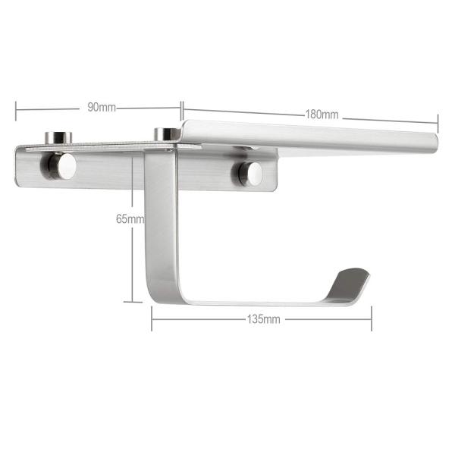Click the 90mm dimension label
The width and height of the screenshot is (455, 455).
click(101, 107)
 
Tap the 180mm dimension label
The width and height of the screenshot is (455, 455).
click(322, 115)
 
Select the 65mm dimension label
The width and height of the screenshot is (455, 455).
click(129, 219)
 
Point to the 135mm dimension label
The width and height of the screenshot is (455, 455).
click(263, 319)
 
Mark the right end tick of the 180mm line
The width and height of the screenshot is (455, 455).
click(438, 122)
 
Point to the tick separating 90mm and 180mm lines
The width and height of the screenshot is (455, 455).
click(182, 107)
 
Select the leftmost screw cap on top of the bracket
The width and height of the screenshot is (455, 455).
click(57, 137)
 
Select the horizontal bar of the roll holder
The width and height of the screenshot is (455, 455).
click(258, 300)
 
